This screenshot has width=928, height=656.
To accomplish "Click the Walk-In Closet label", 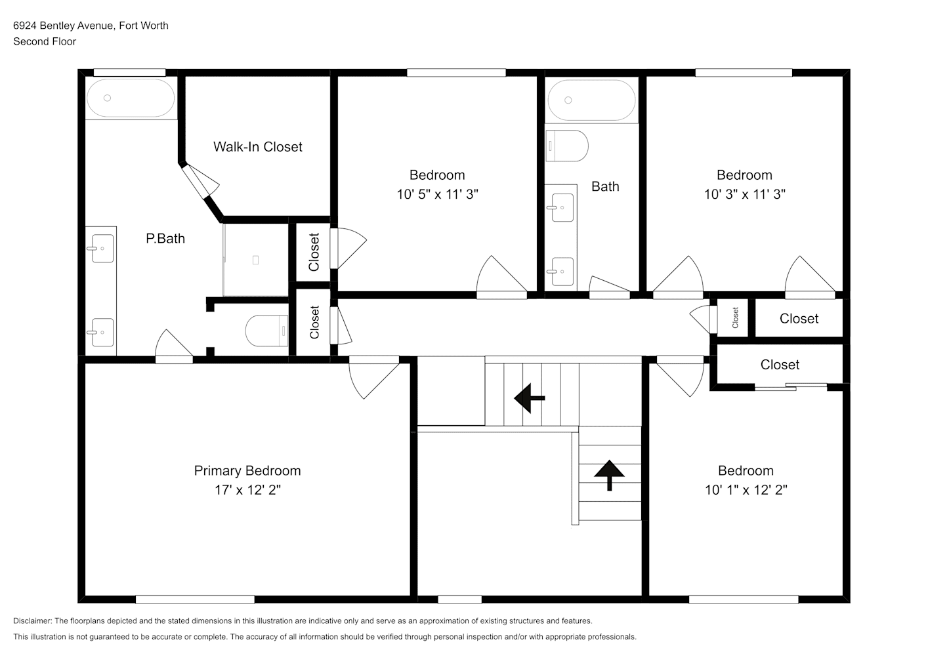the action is click(258, 146).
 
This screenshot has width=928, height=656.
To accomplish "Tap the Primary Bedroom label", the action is click(247, 471).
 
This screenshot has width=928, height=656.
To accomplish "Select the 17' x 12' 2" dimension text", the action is click(247, 490).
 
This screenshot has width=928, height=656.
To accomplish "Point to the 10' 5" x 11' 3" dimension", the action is click(437, 194).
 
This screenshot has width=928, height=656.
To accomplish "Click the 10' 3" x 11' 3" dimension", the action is click(744, 194).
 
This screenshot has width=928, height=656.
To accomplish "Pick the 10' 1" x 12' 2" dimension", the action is click(746, 490).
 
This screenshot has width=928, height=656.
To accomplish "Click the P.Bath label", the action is click(165, 239).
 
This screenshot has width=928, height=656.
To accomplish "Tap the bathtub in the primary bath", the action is click(131, 98).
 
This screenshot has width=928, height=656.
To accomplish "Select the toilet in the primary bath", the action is click(267, 331).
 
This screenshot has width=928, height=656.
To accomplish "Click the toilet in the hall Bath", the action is click(567, 146).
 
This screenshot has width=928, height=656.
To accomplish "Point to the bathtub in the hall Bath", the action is click(591, 100).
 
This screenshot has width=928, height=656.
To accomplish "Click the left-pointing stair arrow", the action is click(529, 398).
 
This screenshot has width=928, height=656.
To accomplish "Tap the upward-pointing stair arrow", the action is click(609, 476).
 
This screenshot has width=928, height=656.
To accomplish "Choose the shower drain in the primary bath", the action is click(255, 260).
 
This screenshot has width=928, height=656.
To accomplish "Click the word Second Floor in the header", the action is click(45, 41).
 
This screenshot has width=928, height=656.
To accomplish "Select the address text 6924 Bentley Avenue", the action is click(63, 26).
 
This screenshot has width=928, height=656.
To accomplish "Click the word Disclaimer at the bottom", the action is click(33, 621).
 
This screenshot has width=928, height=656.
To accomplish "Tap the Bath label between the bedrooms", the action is click(605, 186).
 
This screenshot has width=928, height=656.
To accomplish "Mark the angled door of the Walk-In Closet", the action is click(201, 182).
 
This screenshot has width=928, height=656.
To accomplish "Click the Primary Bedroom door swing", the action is click(373, 377).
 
